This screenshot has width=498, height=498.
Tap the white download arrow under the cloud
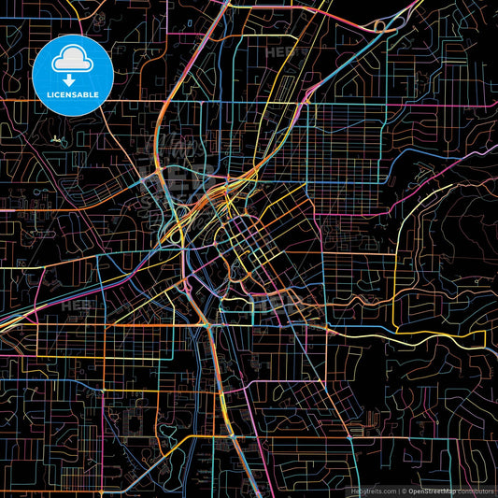(x=70, y=78)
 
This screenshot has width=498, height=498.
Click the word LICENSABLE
(x=70, y=94)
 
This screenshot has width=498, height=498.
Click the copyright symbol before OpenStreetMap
(x=403, y=490)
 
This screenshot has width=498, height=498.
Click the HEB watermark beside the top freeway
(x=281, y=53)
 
